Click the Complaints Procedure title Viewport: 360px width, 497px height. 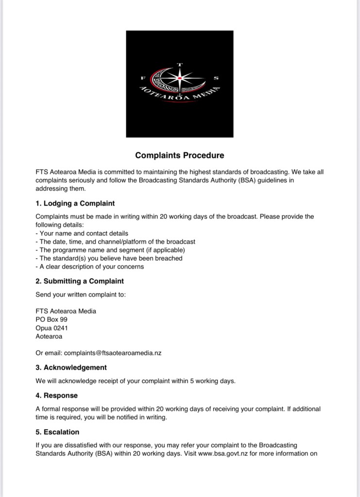click(x=180, y=156)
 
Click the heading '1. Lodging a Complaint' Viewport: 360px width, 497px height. click(x=75, y=203)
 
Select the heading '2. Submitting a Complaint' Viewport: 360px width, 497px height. click(x=80, y=281)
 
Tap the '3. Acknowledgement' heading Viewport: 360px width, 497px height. click(x=71, y=367)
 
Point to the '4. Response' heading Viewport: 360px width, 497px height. click(x=56, y=396)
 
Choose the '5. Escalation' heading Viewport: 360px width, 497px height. click(x=57, y=432)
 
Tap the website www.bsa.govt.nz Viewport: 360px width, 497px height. click(x=223, y=454)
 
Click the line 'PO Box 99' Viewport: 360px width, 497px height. click(x=51, y=319)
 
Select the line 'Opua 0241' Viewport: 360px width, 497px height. click(x=51, y=328)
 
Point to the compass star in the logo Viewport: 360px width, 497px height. click(x=180, y=78)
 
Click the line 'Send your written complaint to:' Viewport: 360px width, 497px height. click(x=81, y=295)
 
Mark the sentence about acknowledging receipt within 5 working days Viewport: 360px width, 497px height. click(x=135, y=381)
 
